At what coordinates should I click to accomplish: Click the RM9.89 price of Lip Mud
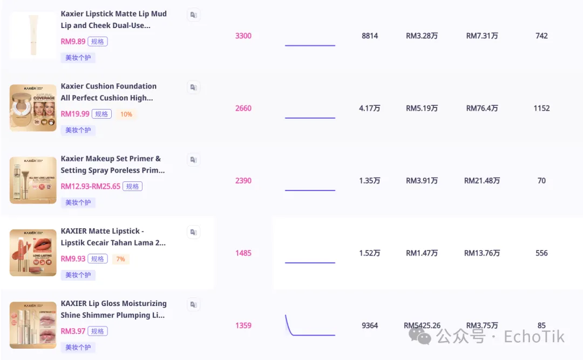[73, 42]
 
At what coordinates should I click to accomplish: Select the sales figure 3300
[243, 36]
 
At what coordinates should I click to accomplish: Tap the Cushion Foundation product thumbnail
[33, 108]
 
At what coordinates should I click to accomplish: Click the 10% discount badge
[126, 114]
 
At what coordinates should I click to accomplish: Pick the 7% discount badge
[120, 259]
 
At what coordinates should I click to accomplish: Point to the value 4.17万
[370, 108]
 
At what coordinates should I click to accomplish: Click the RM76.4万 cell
[482, 108]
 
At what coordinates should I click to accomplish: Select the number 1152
[541, 108]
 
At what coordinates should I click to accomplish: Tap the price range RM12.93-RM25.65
[91, 186]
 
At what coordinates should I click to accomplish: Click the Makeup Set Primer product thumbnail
[33, 180]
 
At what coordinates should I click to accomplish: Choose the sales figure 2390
[243, 181]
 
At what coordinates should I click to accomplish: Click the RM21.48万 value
[482, 181]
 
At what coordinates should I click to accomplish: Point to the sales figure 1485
[243, 253]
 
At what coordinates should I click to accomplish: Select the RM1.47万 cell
[422, 253]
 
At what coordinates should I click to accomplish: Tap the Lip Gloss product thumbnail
[33, 325]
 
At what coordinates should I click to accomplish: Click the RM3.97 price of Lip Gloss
[73, 331]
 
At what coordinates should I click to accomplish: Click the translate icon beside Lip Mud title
[193, 15]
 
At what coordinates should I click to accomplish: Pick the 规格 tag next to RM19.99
[101, 114]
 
